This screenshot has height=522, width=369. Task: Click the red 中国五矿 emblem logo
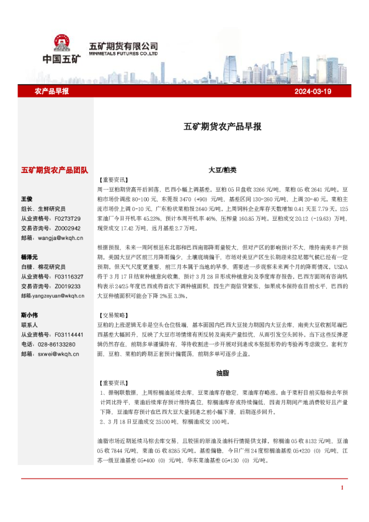(x=61, y=42)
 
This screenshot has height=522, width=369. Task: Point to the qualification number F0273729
(x=68, y=218)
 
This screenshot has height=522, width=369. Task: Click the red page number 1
(x=342, y=505)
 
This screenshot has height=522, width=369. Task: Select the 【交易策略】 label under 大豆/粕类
(x=112, y=314)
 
